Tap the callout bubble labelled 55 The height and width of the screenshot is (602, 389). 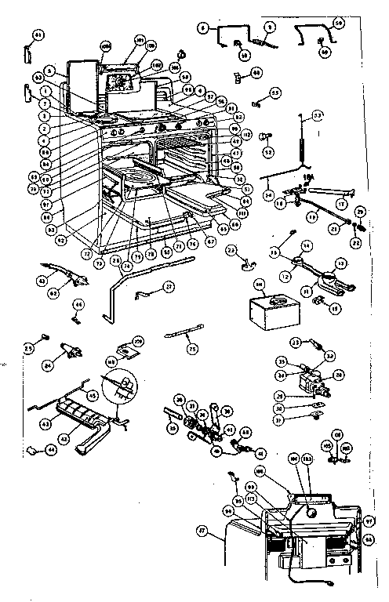tap(274, 92)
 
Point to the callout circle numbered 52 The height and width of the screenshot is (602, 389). tap(268, 151)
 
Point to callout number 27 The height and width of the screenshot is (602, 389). tap(169, 288)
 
